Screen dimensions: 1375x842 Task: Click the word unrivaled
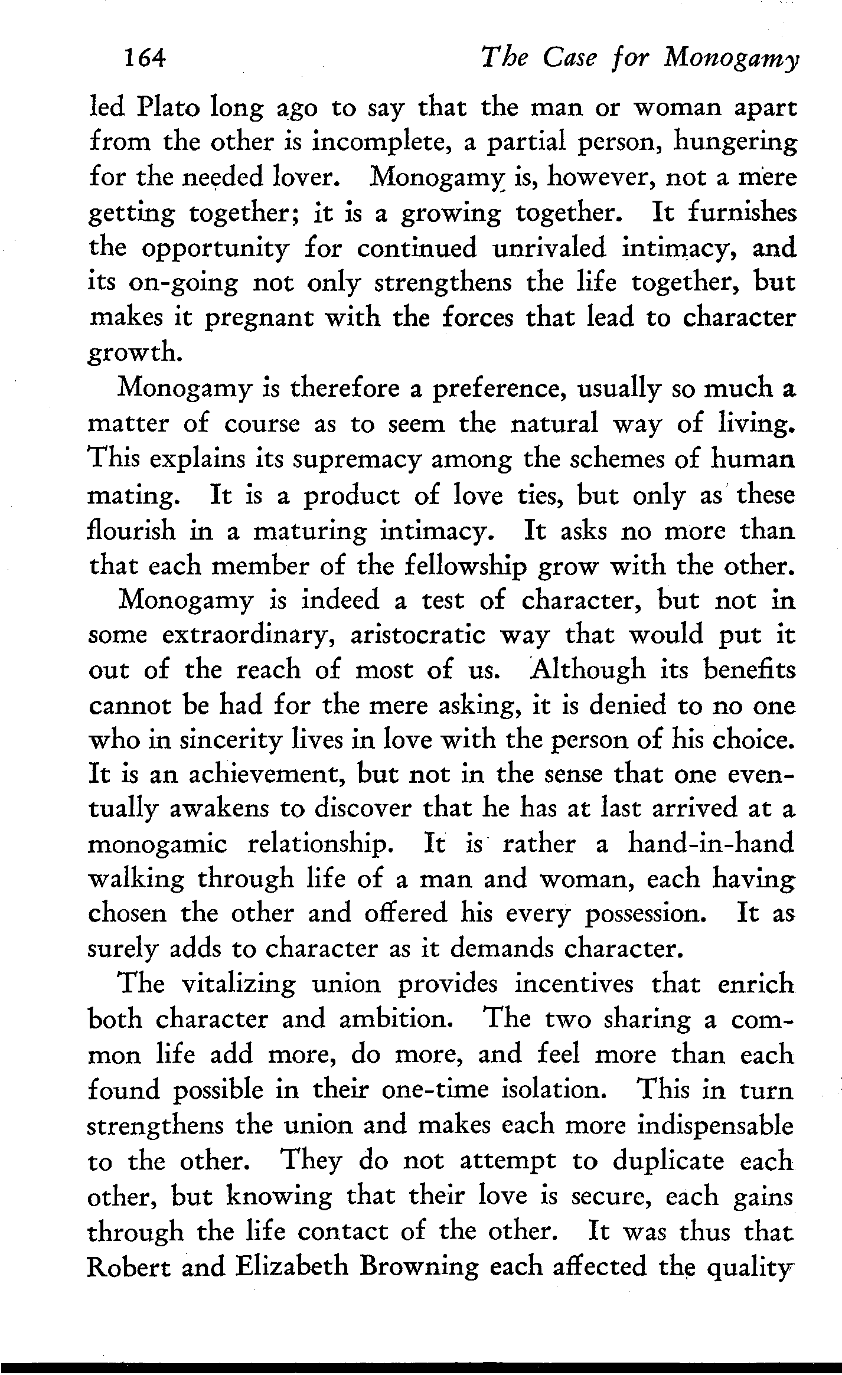(x=549, y=249)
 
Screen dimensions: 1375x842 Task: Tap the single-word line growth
(x=133, y=354)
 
